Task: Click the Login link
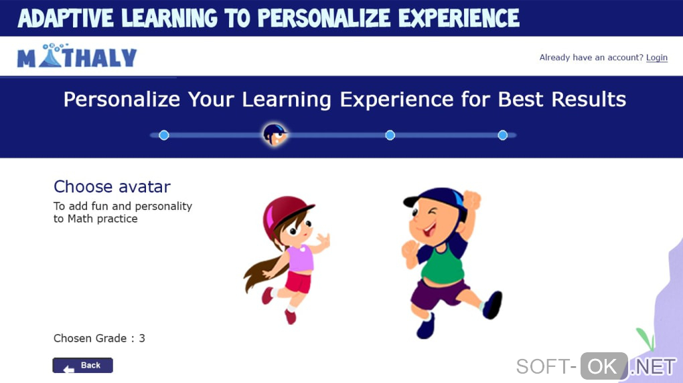coord(656,57)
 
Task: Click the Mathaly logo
coord(77,55)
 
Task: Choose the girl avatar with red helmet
coord(286,259)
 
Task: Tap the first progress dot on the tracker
coord(164,135)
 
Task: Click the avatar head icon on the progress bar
coord(275,134)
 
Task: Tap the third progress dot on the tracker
coord(390,135)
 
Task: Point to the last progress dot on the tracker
coord(503,135)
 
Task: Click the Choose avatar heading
coord(112,186)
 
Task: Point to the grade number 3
coord(142,338)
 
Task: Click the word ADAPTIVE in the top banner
coord(66,18)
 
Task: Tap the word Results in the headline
coord(589,99)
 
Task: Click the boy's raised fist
coord(471,200)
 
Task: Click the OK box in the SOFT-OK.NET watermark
coord(604,366)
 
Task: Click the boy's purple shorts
coord(438,294)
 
